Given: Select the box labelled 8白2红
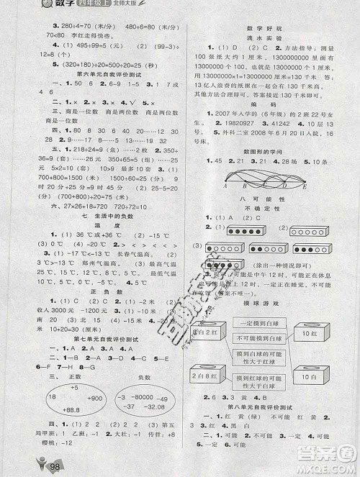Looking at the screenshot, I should pyautogui.click(x=210, y=332).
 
